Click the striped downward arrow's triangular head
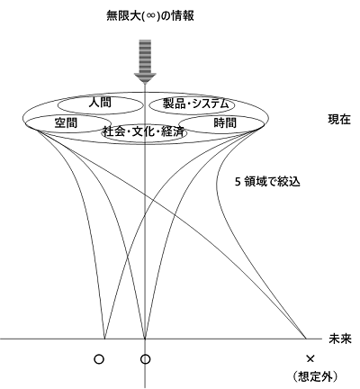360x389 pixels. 145,77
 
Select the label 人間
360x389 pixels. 100,103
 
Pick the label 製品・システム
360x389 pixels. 195,104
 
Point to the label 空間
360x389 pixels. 66,122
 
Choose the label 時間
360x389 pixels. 225,122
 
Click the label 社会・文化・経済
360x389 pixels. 143,131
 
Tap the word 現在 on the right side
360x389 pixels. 339,120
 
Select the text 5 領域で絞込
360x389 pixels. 267,182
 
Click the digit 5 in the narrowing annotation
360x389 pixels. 238,182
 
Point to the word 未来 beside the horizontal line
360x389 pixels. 339,339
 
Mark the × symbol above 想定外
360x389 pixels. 310,358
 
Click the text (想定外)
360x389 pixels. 315,376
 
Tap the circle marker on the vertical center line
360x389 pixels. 146,359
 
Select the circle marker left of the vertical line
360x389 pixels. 99,359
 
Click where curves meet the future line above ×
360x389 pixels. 306,339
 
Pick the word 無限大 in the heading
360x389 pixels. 123,16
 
